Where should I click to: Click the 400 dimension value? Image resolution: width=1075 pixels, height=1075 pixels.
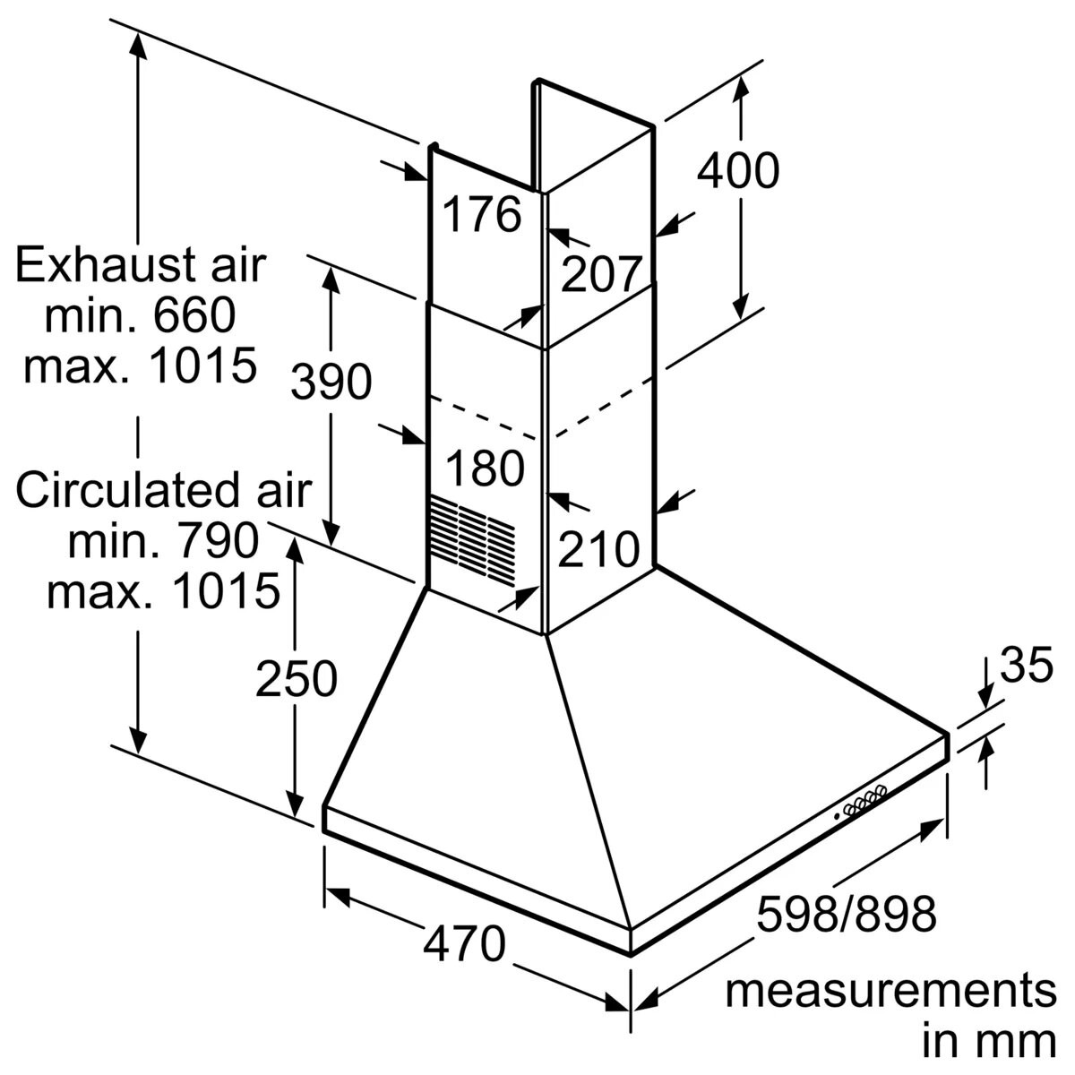pos(738,170)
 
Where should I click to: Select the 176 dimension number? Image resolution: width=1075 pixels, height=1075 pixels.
pos(483,215)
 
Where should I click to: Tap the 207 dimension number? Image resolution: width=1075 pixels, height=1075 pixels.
pos(601,273)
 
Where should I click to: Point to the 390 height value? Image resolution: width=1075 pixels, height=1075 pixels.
pos(331,383)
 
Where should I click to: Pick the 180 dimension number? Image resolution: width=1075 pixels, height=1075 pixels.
pos(485,469)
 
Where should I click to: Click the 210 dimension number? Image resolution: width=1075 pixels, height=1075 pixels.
pos(598,549)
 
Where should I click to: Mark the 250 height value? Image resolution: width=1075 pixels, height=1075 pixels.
pos(297,678)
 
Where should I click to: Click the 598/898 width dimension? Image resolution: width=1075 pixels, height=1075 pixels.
pos(846,915)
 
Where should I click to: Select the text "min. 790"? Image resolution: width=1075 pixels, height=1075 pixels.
pos(163,540)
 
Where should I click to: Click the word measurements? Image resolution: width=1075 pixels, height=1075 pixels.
pos(890,992)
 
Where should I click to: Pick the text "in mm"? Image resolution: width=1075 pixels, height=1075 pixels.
pos(989,1043)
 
